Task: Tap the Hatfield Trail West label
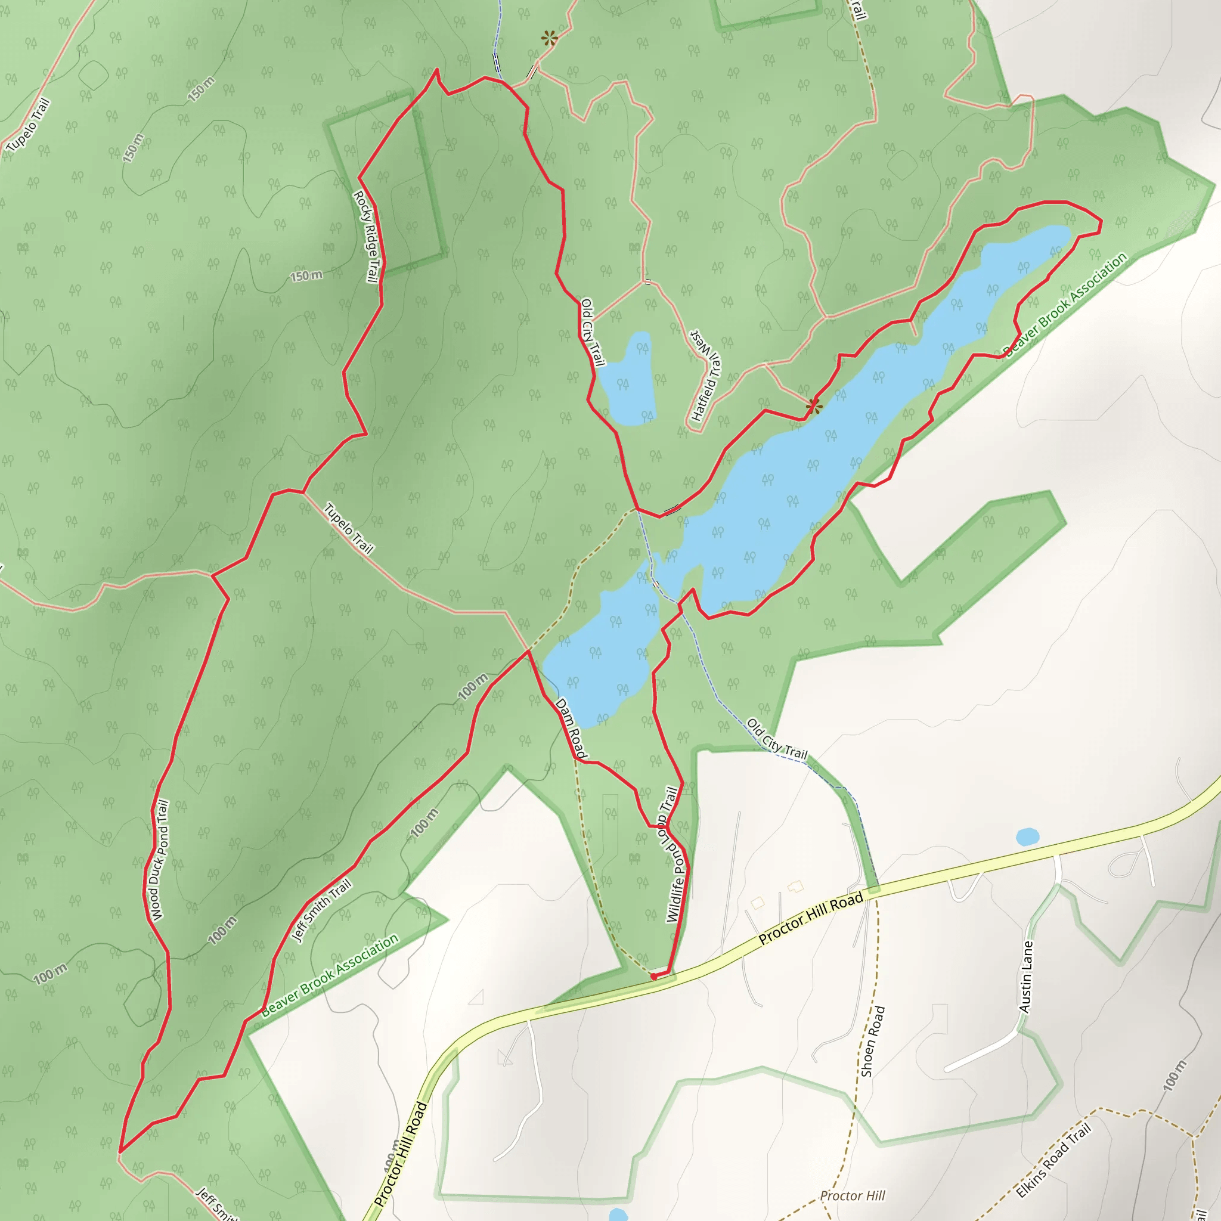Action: click(706, 376)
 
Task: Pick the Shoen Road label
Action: click(873, 1041)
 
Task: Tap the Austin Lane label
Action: click(1027, 977)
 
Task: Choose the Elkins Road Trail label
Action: click(1053, 1161)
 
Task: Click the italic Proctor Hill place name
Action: click(852, 1196)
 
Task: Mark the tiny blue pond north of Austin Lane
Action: click(1028, 838)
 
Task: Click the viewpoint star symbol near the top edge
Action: click(549, 39)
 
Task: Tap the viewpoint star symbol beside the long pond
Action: click(813, 406)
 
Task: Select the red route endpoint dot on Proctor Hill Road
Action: click(653, 977)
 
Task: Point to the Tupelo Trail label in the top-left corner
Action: click(28, 126)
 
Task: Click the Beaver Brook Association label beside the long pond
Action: click(1065, 304)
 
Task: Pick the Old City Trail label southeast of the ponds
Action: click(777, 738)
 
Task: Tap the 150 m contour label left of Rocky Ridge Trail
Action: click(306, 276)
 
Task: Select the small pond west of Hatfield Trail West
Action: click(627, 379)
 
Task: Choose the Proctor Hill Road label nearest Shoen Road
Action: click(811, 918)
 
